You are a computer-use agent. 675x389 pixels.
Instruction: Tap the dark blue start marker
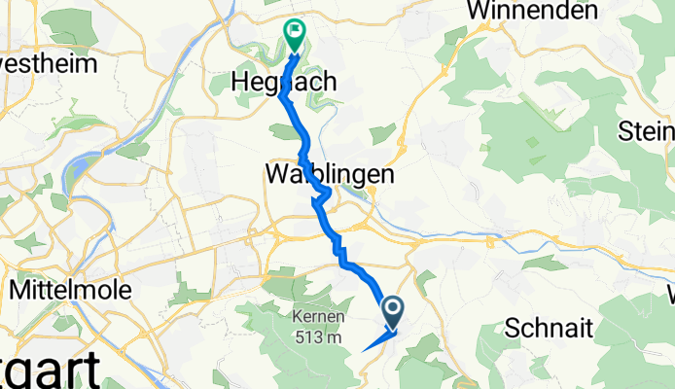(394, 312)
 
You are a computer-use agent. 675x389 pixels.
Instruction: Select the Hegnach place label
(284, 84)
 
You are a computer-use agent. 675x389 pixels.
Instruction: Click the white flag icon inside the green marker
(294, 31)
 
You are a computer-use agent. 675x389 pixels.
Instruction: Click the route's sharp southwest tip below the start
(363, 349)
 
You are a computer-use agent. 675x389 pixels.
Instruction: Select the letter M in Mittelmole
(20, 289)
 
